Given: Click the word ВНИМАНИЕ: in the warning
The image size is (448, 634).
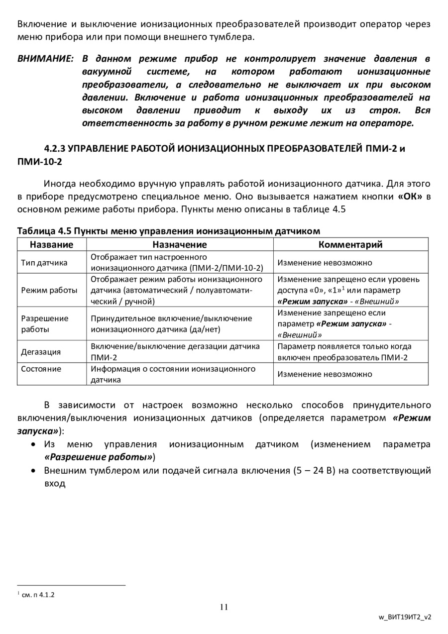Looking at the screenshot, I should (45, 59).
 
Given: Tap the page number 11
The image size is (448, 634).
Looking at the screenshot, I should (224, 607).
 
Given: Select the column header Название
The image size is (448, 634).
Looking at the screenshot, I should (51, 244).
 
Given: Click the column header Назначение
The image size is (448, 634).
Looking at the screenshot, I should (179, 244).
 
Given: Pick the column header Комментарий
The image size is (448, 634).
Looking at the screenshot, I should (350, 244).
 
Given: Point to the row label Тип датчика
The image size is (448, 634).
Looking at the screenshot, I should (44, 262).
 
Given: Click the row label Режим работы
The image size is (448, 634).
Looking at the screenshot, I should (49, 290).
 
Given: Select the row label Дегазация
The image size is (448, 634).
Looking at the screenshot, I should (41, 352).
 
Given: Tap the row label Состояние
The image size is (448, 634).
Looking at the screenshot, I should (41, 369).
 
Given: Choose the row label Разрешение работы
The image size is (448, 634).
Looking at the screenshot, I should (45, 323).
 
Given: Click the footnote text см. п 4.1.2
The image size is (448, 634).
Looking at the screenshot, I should (38, 594).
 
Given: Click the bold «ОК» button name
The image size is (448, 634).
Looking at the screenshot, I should (410, 196).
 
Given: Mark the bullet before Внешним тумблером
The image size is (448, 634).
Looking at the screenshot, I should (33, 470).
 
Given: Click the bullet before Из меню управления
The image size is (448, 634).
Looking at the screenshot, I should (33, 444).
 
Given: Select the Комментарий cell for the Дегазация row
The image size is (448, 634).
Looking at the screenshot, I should (350, 352).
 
